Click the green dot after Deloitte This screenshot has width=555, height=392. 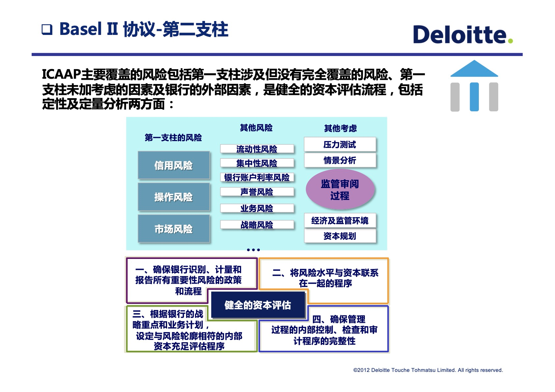[510, 41]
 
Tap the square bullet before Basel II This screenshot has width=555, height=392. [47, 30]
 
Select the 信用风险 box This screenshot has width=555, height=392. [174, 165]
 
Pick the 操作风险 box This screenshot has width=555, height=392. [174, 197]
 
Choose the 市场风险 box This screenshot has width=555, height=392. [174, 229]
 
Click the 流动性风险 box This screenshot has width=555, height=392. [257, 149]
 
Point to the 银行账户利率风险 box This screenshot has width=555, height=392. [257, 178]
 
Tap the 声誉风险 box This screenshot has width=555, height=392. [257, 192]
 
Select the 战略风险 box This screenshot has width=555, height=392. [257, 225]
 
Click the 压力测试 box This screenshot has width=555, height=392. [340, 144]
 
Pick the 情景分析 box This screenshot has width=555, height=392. [340, 160]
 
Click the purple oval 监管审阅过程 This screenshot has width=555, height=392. [340, 189]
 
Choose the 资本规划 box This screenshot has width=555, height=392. [340, 236]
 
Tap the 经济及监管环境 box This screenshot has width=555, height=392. [340, 220]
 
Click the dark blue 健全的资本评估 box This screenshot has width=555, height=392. [258, 305]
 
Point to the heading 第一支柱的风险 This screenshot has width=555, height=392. [173, 138]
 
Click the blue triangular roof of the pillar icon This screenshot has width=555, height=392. [474, 70]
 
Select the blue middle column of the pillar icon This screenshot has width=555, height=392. [474, 97]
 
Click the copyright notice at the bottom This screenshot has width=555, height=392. [428, 370]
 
